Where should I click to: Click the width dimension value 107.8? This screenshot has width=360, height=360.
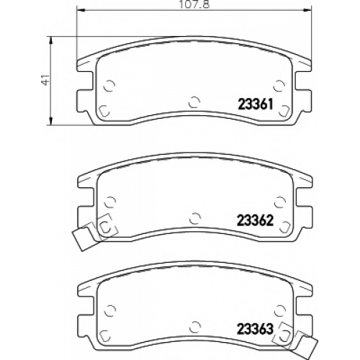[x=194, y=4]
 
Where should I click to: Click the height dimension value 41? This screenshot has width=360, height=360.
[x=45, y=79]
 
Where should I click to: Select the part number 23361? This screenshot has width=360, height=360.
[x=256, y=104]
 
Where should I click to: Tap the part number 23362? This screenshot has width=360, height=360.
[x=256, y=220]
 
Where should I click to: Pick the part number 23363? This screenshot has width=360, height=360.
[x=256, y=329]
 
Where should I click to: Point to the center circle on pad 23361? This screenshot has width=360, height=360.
[x=194, y=102]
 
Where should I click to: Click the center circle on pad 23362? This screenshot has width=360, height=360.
[x=195, y=218]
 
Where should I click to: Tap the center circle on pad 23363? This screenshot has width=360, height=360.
[x=195, y=327]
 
